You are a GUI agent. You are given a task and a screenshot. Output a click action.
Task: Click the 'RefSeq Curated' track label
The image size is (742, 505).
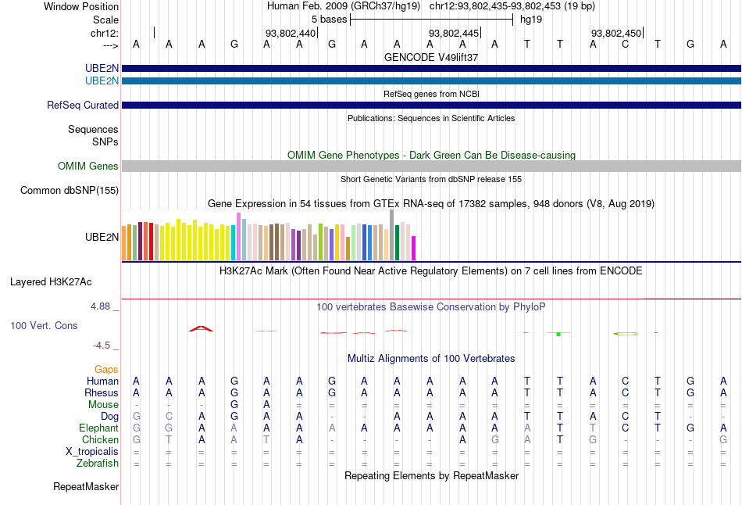[83, 105]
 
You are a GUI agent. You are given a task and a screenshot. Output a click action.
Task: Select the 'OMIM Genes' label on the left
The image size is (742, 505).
[88, 166]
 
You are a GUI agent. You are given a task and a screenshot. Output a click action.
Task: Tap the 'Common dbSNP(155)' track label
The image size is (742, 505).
[70, 190]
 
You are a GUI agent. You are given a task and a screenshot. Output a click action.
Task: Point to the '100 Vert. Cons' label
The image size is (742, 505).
[44, 325]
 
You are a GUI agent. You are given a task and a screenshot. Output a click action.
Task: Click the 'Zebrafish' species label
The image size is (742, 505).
[98, 463]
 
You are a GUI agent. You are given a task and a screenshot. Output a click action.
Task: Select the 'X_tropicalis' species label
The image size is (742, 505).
[92, 451]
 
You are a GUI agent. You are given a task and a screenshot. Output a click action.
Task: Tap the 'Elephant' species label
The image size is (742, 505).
[98, 428]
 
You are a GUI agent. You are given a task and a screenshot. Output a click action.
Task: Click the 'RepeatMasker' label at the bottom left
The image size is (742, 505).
[86, 487]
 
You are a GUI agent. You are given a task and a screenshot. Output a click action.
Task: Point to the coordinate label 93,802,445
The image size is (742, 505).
[454, 33]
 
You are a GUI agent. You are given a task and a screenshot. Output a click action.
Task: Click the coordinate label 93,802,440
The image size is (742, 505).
[291, 33]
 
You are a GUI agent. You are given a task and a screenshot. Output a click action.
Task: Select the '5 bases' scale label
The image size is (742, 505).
[329, 18]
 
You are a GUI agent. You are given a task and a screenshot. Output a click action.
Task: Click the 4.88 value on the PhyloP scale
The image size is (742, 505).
[100, 306]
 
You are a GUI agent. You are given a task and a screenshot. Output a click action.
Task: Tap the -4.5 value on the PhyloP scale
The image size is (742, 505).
[102, 345]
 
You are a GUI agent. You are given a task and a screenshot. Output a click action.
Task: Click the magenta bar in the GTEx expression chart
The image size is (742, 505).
[413, 248]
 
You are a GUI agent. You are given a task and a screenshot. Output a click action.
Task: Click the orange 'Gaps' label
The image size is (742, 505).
[106, 369]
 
